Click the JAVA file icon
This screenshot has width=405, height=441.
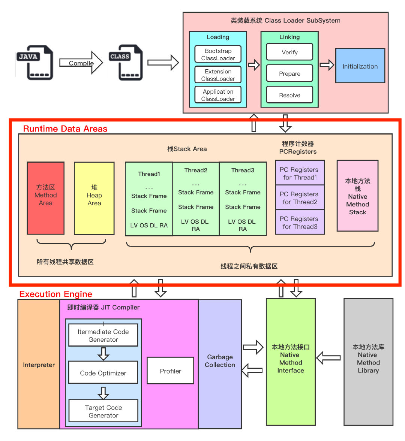coord(35,63)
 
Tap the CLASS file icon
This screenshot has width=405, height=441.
coord(126,63)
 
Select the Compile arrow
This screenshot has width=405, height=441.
coord(81,63)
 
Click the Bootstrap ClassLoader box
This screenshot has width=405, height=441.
coord(218,54)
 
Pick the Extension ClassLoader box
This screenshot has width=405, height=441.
coord(218,75)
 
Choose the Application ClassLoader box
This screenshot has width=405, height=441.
coord(218,95)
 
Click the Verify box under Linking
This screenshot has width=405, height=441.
coord(289,52)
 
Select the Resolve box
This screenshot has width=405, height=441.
coord(289,95)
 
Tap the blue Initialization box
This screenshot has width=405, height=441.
coord(360,66)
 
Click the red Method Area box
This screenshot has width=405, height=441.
coord(46,198)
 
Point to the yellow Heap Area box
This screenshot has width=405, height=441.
coord(94,198)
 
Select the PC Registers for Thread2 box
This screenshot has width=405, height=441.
coord(300,197)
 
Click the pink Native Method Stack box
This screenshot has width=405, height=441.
coord(357,196)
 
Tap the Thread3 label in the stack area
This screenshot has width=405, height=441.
coord(243,170)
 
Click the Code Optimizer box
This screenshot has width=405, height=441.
coord(103,373)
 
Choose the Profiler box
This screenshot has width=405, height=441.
coord(170,371)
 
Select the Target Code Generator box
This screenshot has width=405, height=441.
coord(103,411)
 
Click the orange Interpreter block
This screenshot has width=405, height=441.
coord(39,365)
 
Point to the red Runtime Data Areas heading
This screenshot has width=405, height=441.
coord(65,129)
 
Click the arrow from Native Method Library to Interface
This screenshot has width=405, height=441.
coord(329,358)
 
